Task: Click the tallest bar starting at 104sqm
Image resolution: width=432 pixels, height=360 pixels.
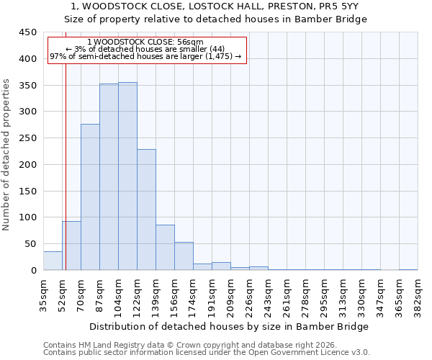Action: click(127, 176)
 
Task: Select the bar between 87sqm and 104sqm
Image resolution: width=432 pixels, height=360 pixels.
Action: click(109, 177)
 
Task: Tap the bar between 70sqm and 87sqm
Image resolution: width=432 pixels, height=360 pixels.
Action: click(90, 197)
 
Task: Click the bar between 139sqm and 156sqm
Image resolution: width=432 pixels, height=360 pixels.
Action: click(165, 248)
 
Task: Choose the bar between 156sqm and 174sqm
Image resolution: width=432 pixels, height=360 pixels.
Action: click(184, 256)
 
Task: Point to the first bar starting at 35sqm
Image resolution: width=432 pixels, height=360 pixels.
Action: click(53, 261)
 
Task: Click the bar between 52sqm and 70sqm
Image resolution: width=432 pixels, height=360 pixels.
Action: click(71, 246)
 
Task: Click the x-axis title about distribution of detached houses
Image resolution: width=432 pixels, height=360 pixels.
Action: click(230, 326)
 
